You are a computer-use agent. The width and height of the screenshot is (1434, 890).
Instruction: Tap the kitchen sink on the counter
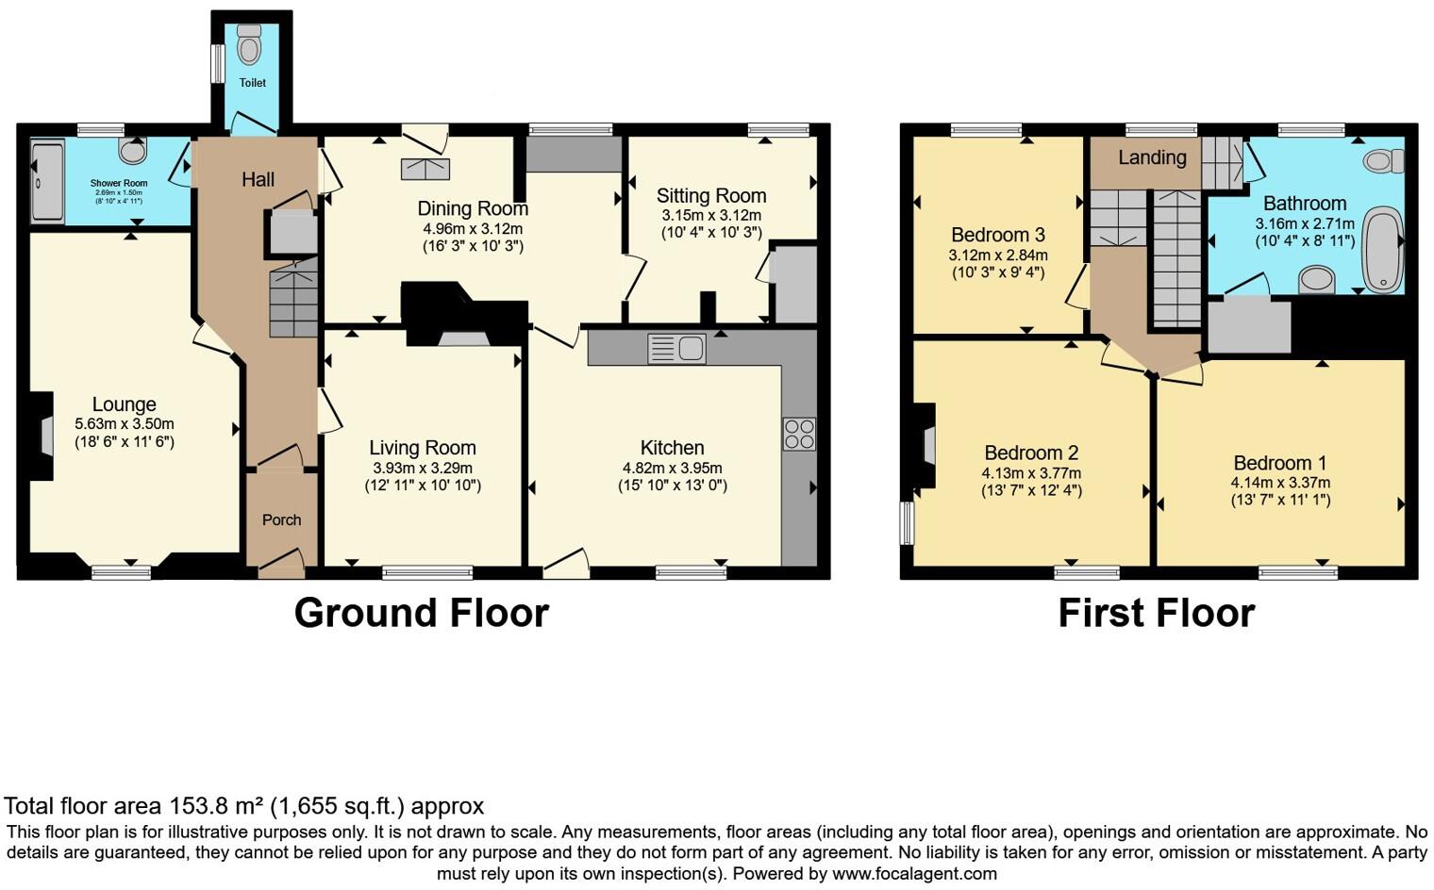point(676,349)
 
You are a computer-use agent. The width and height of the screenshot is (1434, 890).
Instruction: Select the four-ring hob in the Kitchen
point(799,434)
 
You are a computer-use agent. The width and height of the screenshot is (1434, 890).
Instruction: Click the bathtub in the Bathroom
point(1381,248)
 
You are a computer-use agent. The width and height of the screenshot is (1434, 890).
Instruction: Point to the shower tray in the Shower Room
point(47,181)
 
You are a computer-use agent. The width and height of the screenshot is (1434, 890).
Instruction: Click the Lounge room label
point(124,404)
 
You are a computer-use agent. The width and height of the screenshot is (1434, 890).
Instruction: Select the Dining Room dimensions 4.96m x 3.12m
point(472,228)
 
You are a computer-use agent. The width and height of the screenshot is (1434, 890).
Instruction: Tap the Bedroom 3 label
point(997,235)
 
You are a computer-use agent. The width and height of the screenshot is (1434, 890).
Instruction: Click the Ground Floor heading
point(421,613)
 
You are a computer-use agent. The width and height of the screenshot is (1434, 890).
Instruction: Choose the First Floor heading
point(1156,613)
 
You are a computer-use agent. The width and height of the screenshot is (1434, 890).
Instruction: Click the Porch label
point(281,519)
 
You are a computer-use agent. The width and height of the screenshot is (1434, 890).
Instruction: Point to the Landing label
point(1152,157)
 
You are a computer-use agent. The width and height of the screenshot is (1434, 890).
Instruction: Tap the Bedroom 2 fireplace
point(927,445)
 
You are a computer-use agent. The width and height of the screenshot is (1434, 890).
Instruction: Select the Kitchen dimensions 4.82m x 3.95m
point(672,468)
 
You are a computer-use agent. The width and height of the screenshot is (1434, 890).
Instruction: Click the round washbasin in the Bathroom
point(1317,280)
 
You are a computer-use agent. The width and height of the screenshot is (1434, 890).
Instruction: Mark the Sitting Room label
point(710,196)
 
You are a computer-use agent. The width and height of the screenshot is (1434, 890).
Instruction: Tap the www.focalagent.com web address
point(914,873)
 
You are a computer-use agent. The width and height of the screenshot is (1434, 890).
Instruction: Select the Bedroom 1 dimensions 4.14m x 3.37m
point(1280,483)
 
